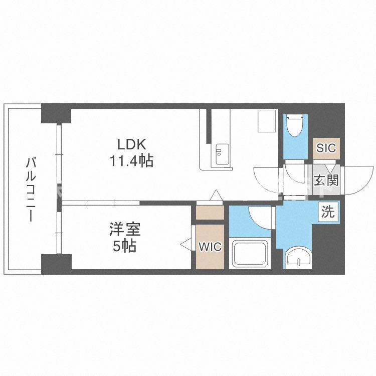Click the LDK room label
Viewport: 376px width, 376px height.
click(131, 144)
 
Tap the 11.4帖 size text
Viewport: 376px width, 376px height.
click(131, 161)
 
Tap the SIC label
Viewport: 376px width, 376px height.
click(326, 148)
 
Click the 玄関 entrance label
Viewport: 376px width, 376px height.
click(326, 180)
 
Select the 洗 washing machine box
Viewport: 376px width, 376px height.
click(328, 212)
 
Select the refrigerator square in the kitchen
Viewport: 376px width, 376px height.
click(267, 120)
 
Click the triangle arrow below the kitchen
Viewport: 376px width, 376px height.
click(216, 196)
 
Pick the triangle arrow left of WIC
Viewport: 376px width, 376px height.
click(186, 245)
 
